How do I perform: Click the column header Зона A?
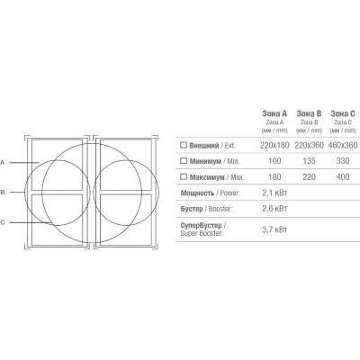pos(274,113)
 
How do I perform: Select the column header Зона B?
pos(309,113)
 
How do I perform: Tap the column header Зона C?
pos(343,113)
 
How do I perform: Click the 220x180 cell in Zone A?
pos(274,146)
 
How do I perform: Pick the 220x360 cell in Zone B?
pos(309,146)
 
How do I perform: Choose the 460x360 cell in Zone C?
pos(343,146)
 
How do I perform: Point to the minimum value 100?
pos(274,161)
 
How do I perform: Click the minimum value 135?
pos(309,161)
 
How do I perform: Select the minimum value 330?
pos(343,161)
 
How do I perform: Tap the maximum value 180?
pos(274,177)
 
